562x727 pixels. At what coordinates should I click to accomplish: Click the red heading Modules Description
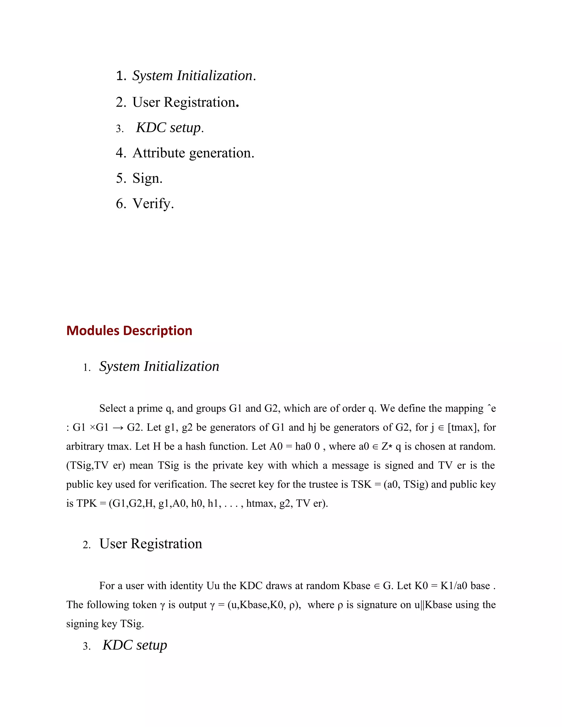129,331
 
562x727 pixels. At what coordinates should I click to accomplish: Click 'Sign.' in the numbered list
147,178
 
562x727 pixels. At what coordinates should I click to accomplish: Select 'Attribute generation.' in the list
193,153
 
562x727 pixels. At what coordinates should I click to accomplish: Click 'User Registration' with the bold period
185,102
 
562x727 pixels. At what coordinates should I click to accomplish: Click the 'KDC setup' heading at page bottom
134,645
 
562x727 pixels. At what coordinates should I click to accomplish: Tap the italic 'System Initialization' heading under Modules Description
159,367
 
